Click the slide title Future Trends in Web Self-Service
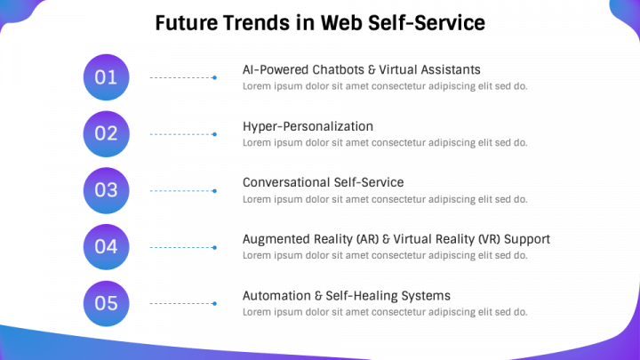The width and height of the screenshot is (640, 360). click(320, 23)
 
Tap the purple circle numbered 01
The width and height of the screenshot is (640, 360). click(106, 77)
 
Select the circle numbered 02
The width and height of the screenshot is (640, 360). click(106, 133)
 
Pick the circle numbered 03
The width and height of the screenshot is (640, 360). click(106, 190)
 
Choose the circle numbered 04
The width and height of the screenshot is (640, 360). click(106, 246)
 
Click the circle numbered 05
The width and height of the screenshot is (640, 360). click(106, 303)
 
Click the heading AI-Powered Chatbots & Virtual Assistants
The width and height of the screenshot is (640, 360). click(361, 69)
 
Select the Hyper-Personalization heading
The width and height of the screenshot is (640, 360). click(308, 126)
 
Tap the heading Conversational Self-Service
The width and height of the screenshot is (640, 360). click(323, 182)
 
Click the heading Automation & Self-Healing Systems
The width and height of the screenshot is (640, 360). click(346, 295)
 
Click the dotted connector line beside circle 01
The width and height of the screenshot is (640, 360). click(181, 78)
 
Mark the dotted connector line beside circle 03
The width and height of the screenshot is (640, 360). click(181, 191)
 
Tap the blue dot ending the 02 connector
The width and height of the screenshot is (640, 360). click(215, 134)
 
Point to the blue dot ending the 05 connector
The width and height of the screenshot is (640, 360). click(215, 304)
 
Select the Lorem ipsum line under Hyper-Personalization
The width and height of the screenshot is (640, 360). click(385, 142)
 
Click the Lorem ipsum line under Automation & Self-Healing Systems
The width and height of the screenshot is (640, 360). click(385, 312)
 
